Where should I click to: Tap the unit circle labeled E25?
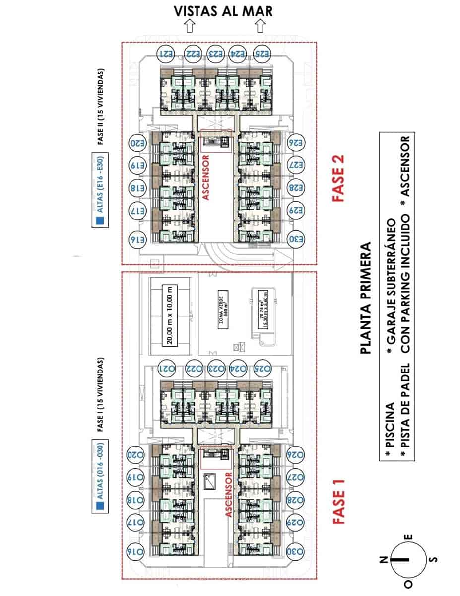263,53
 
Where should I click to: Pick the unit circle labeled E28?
297,188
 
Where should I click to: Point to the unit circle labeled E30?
297,239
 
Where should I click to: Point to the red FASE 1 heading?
339,501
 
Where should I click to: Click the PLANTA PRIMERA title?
366,298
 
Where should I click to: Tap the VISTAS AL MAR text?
223,11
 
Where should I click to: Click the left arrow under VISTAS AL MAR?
189,26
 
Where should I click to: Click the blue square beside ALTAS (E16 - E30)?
100,222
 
